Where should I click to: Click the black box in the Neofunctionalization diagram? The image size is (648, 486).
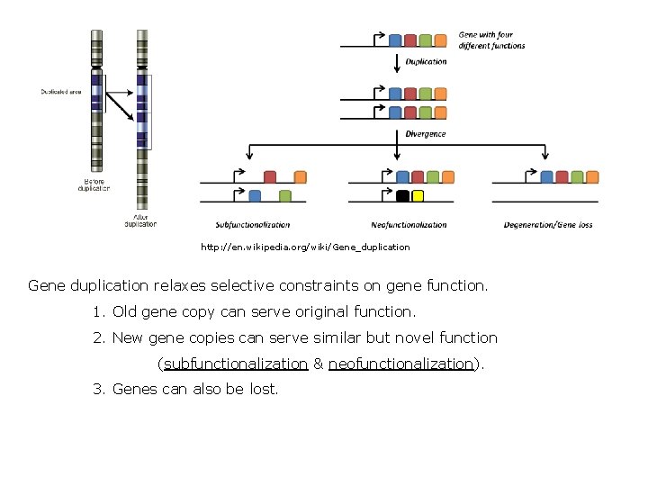click(403, 195)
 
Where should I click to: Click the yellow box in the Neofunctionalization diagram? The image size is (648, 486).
click(418, 195)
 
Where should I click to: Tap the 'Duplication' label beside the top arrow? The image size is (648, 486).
click(426, 62)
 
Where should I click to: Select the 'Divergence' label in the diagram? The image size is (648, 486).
click(426, 134)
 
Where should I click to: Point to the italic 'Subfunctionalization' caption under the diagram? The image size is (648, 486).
click(253, 225)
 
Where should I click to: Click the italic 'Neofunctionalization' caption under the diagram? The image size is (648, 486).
click(409, 225)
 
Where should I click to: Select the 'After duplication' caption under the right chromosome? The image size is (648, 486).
click(140, 220)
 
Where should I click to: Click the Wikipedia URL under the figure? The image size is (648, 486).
click(305, 247)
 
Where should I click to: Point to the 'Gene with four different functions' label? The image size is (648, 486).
click(491, 40)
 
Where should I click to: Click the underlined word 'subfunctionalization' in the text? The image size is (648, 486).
click(235, 364)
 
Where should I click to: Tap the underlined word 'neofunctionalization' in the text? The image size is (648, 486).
click(400, 364)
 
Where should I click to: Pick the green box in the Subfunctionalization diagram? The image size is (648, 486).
click(285, 195)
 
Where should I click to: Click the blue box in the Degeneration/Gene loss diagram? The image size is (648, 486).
click(546, 177)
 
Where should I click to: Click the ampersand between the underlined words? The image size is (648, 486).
click(318, 364)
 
